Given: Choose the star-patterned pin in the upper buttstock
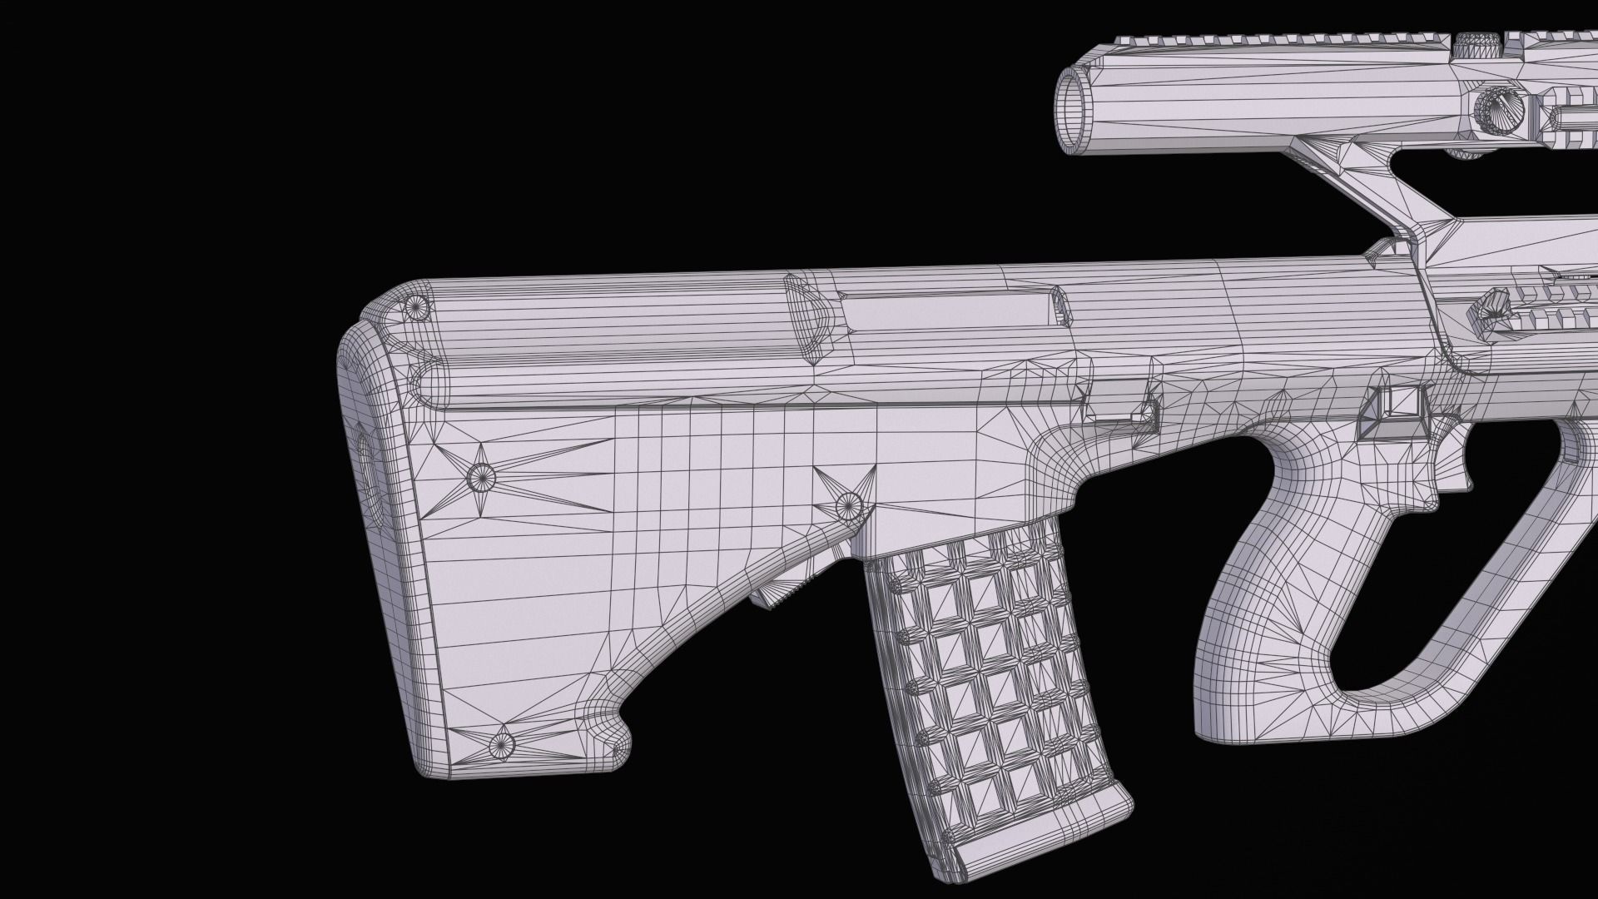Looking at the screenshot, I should [x=480, y=477].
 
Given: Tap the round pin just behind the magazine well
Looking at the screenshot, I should [x=848, y=503].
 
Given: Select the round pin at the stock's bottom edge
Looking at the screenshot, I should [x=501, y=743].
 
